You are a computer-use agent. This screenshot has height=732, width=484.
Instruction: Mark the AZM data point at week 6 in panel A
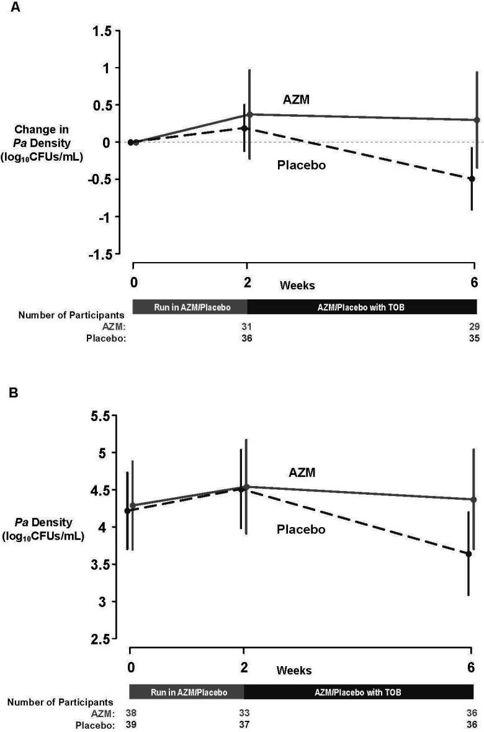477,120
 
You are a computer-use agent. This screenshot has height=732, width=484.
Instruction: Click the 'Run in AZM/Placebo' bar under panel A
190,307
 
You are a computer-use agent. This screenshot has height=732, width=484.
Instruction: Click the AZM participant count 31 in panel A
247,327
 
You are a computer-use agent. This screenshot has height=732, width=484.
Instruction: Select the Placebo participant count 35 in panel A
474,338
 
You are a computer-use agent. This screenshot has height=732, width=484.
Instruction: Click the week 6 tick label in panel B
471,667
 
